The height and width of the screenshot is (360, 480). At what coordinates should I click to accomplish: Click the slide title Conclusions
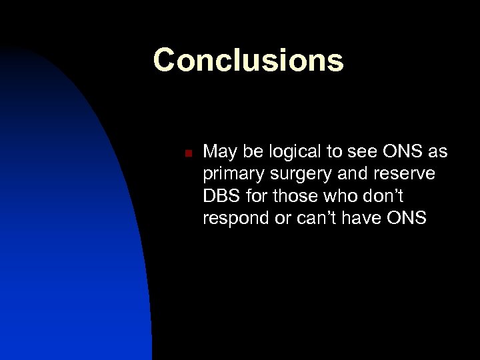coord(248,59)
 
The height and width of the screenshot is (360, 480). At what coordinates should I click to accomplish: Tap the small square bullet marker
coord(189,154)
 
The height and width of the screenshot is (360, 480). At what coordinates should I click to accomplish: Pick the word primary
coord(230,174)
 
